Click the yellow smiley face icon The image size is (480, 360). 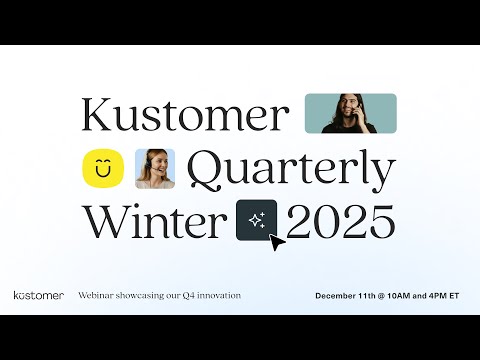[x=102, y=169]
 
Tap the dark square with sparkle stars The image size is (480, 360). [x=256, y=219]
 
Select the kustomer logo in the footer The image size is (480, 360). [x=39, y=296]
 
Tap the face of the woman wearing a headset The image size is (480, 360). [x=155, y=164]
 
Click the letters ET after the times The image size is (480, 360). [x=454, y=296]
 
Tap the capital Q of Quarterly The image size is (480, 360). [x=207, y=172]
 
